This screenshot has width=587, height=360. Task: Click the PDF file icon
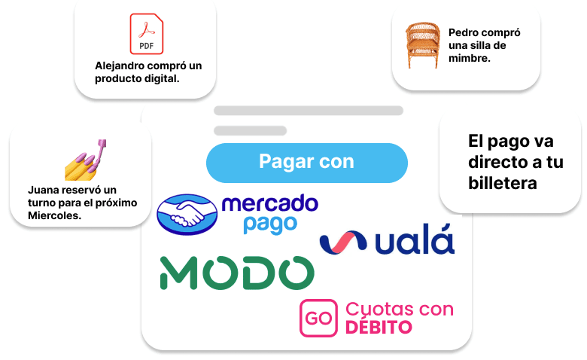click(147, 34)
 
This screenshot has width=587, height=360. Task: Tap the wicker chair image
click(423, 45)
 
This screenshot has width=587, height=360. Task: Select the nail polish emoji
click(86, 160)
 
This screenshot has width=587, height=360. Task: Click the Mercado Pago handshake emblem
click(187, 215)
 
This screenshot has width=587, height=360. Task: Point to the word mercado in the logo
click(270, 203)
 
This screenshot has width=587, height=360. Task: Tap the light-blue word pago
click(270, 224)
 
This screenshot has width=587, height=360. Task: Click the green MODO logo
click(237, 273)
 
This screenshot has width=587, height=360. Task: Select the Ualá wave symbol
click(343, 243)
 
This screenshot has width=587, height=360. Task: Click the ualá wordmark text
click(415, 239)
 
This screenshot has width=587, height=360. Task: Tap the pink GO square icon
click(318, 318)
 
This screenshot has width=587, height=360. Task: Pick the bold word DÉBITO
click(379, 327)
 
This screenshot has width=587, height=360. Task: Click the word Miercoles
click(55, 215)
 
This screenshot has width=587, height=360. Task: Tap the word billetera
click(503, 183)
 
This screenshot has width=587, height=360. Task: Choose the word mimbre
click(470, 58)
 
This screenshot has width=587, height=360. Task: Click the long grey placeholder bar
click(309, 111)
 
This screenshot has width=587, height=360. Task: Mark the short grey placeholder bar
click(251, 131)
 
